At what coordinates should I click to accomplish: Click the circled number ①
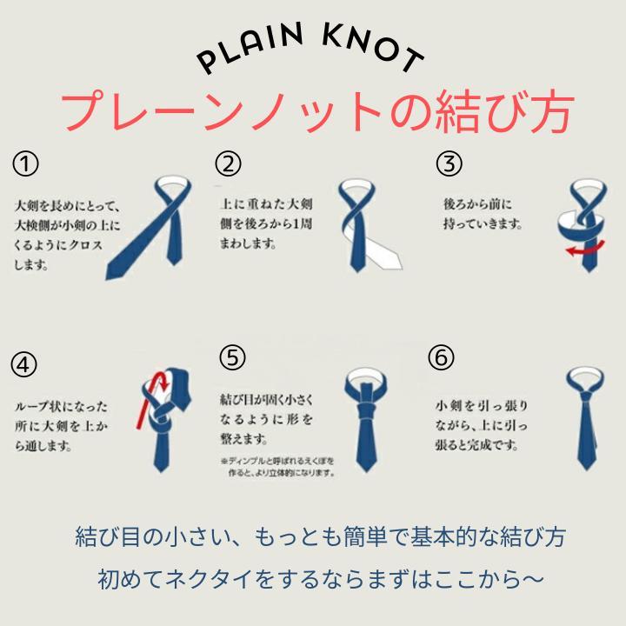click(x=25, y=164)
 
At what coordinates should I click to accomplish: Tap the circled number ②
click(x=228, y=163)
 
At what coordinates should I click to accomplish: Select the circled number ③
click(x=449, y=163)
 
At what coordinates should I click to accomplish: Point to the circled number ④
click(x=24, y=364)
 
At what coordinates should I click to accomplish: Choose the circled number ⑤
click(x=232, y=357)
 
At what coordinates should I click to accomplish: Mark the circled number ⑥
click(x=441, y=357)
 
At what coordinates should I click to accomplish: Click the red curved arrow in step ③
click(x=585, y=250)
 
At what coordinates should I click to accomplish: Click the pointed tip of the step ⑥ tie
click(x=586, y=469)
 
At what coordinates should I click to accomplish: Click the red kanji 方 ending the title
click(x=552, y=112)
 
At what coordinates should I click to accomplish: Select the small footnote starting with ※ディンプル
click(x=278, y=467)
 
